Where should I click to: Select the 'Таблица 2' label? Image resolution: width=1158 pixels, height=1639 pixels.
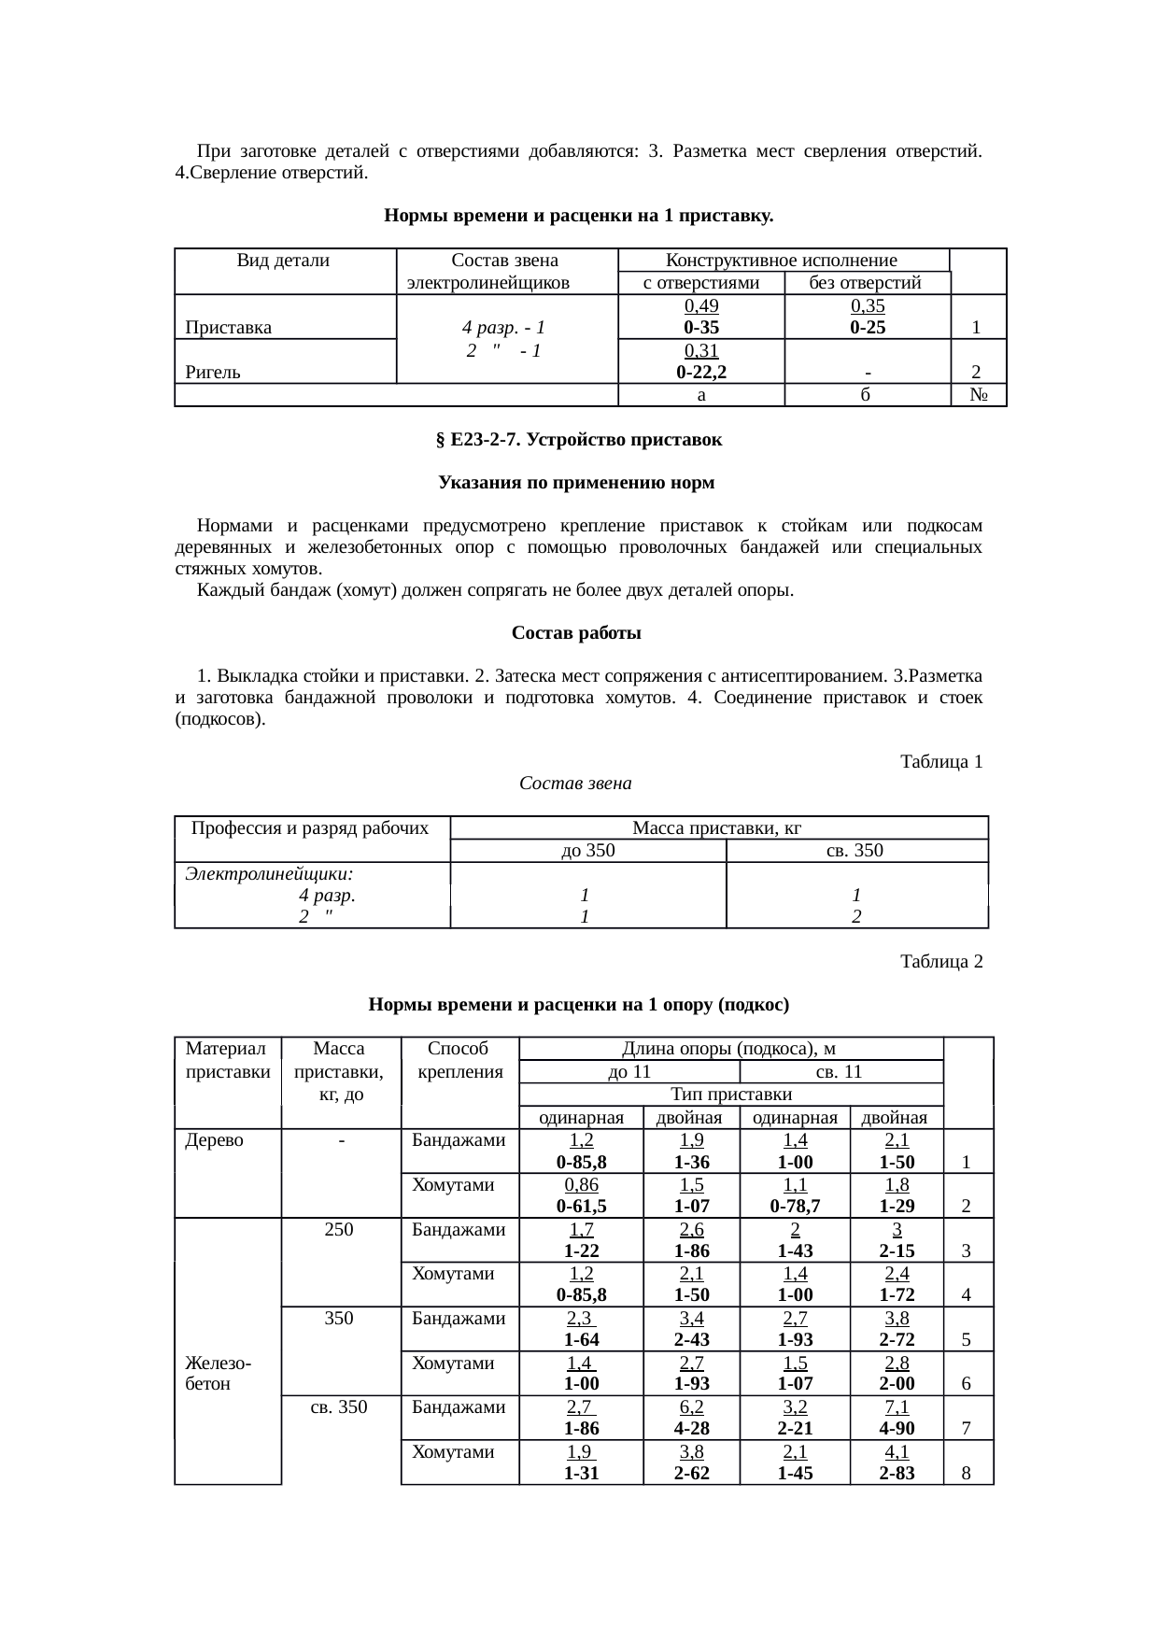[940, 961]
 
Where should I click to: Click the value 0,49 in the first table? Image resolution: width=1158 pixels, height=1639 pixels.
[700, 306]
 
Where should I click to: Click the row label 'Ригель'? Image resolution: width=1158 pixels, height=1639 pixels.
[213, 373]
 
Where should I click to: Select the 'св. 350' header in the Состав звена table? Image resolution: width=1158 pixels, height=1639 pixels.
[855, 851]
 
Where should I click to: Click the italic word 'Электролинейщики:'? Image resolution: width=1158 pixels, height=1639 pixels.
[269, 874]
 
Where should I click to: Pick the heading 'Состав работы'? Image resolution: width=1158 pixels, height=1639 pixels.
[576, 633]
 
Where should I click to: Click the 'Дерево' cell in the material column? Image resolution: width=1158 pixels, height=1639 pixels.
[215, 1140]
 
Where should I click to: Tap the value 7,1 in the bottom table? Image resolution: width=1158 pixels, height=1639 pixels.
[897, 1406]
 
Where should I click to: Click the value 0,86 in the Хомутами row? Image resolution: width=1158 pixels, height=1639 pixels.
[581, 1184]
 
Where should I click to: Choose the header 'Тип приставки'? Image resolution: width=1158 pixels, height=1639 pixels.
[731, 1095]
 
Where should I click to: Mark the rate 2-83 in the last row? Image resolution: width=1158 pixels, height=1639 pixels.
[897, 1474]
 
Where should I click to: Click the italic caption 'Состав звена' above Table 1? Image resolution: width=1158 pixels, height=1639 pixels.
[575, 784]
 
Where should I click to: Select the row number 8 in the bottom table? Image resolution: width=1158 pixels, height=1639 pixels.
[967, 1474]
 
